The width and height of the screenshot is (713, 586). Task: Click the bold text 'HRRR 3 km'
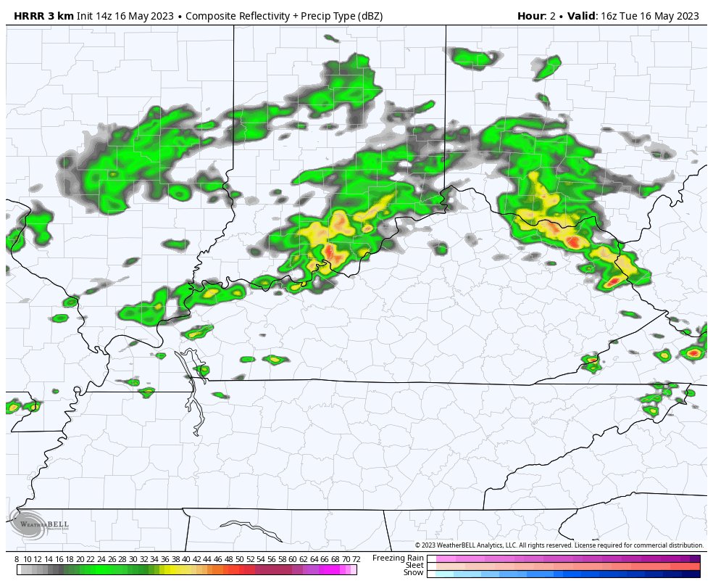43,16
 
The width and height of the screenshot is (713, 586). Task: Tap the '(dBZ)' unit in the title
368,16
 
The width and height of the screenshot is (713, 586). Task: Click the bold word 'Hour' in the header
530,16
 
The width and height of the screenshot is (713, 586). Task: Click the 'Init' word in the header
85,16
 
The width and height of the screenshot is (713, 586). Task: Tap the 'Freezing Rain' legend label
398,558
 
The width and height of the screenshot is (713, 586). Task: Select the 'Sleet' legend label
414,565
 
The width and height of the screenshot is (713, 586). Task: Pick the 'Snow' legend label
413,572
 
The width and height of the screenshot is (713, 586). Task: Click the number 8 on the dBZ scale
17,559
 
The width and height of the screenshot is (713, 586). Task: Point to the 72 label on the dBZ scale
356,559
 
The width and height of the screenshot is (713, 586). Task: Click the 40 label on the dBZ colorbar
186,559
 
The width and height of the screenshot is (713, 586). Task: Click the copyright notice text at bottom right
559,545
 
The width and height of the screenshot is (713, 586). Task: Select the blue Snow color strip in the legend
563,574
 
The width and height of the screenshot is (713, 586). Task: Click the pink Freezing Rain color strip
563,559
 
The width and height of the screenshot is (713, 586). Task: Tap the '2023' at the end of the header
686,16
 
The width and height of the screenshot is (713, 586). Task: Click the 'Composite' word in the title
212,16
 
